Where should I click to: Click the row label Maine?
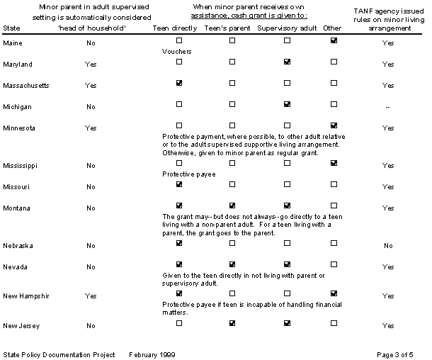point(13,44)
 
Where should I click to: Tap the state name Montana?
point(17,208)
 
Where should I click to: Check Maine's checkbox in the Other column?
point(334,41)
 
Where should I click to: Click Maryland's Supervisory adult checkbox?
point(287,62)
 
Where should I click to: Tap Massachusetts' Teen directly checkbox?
point(179,83)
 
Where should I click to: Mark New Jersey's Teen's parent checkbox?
point(232,323)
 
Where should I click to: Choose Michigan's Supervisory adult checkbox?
point(287,104)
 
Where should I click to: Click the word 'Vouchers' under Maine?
point(177,52)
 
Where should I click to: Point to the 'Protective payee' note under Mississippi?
point(188,174)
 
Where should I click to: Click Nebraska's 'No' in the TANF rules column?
point(387,246)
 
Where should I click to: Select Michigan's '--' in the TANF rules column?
point(387,106)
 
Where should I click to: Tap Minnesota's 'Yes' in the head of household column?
point(90,128)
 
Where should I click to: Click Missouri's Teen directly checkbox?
point(179,184)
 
